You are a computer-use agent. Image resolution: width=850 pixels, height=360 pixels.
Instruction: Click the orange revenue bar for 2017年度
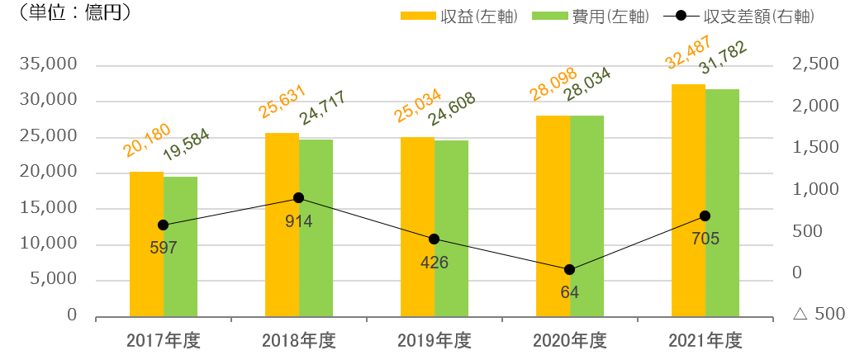(x=146, y=244)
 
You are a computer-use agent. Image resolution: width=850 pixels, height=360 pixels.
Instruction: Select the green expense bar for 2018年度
(x=316, y=228)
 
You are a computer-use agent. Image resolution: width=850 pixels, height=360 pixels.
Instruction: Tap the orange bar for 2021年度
(x=688, y=200)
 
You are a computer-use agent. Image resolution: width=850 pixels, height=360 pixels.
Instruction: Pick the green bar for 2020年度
(x=586, y=216)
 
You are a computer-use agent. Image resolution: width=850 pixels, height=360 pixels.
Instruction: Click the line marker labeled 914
(x=298, y=198)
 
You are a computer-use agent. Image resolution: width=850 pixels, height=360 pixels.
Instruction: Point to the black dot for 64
(x=569, y=270)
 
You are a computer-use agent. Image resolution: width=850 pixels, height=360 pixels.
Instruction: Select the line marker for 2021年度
(x=705, y=216)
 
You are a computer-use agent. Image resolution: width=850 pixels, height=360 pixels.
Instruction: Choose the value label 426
(x=434, y=263)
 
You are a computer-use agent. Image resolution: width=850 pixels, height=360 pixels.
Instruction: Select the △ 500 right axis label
(x=818, y=315)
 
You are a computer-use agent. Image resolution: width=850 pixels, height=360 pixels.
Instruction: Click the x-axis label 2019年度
(x=434, y=340)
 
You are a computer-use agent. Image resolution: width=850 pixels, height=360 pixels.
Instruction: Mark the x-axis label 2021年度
(x=705, y=340)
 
